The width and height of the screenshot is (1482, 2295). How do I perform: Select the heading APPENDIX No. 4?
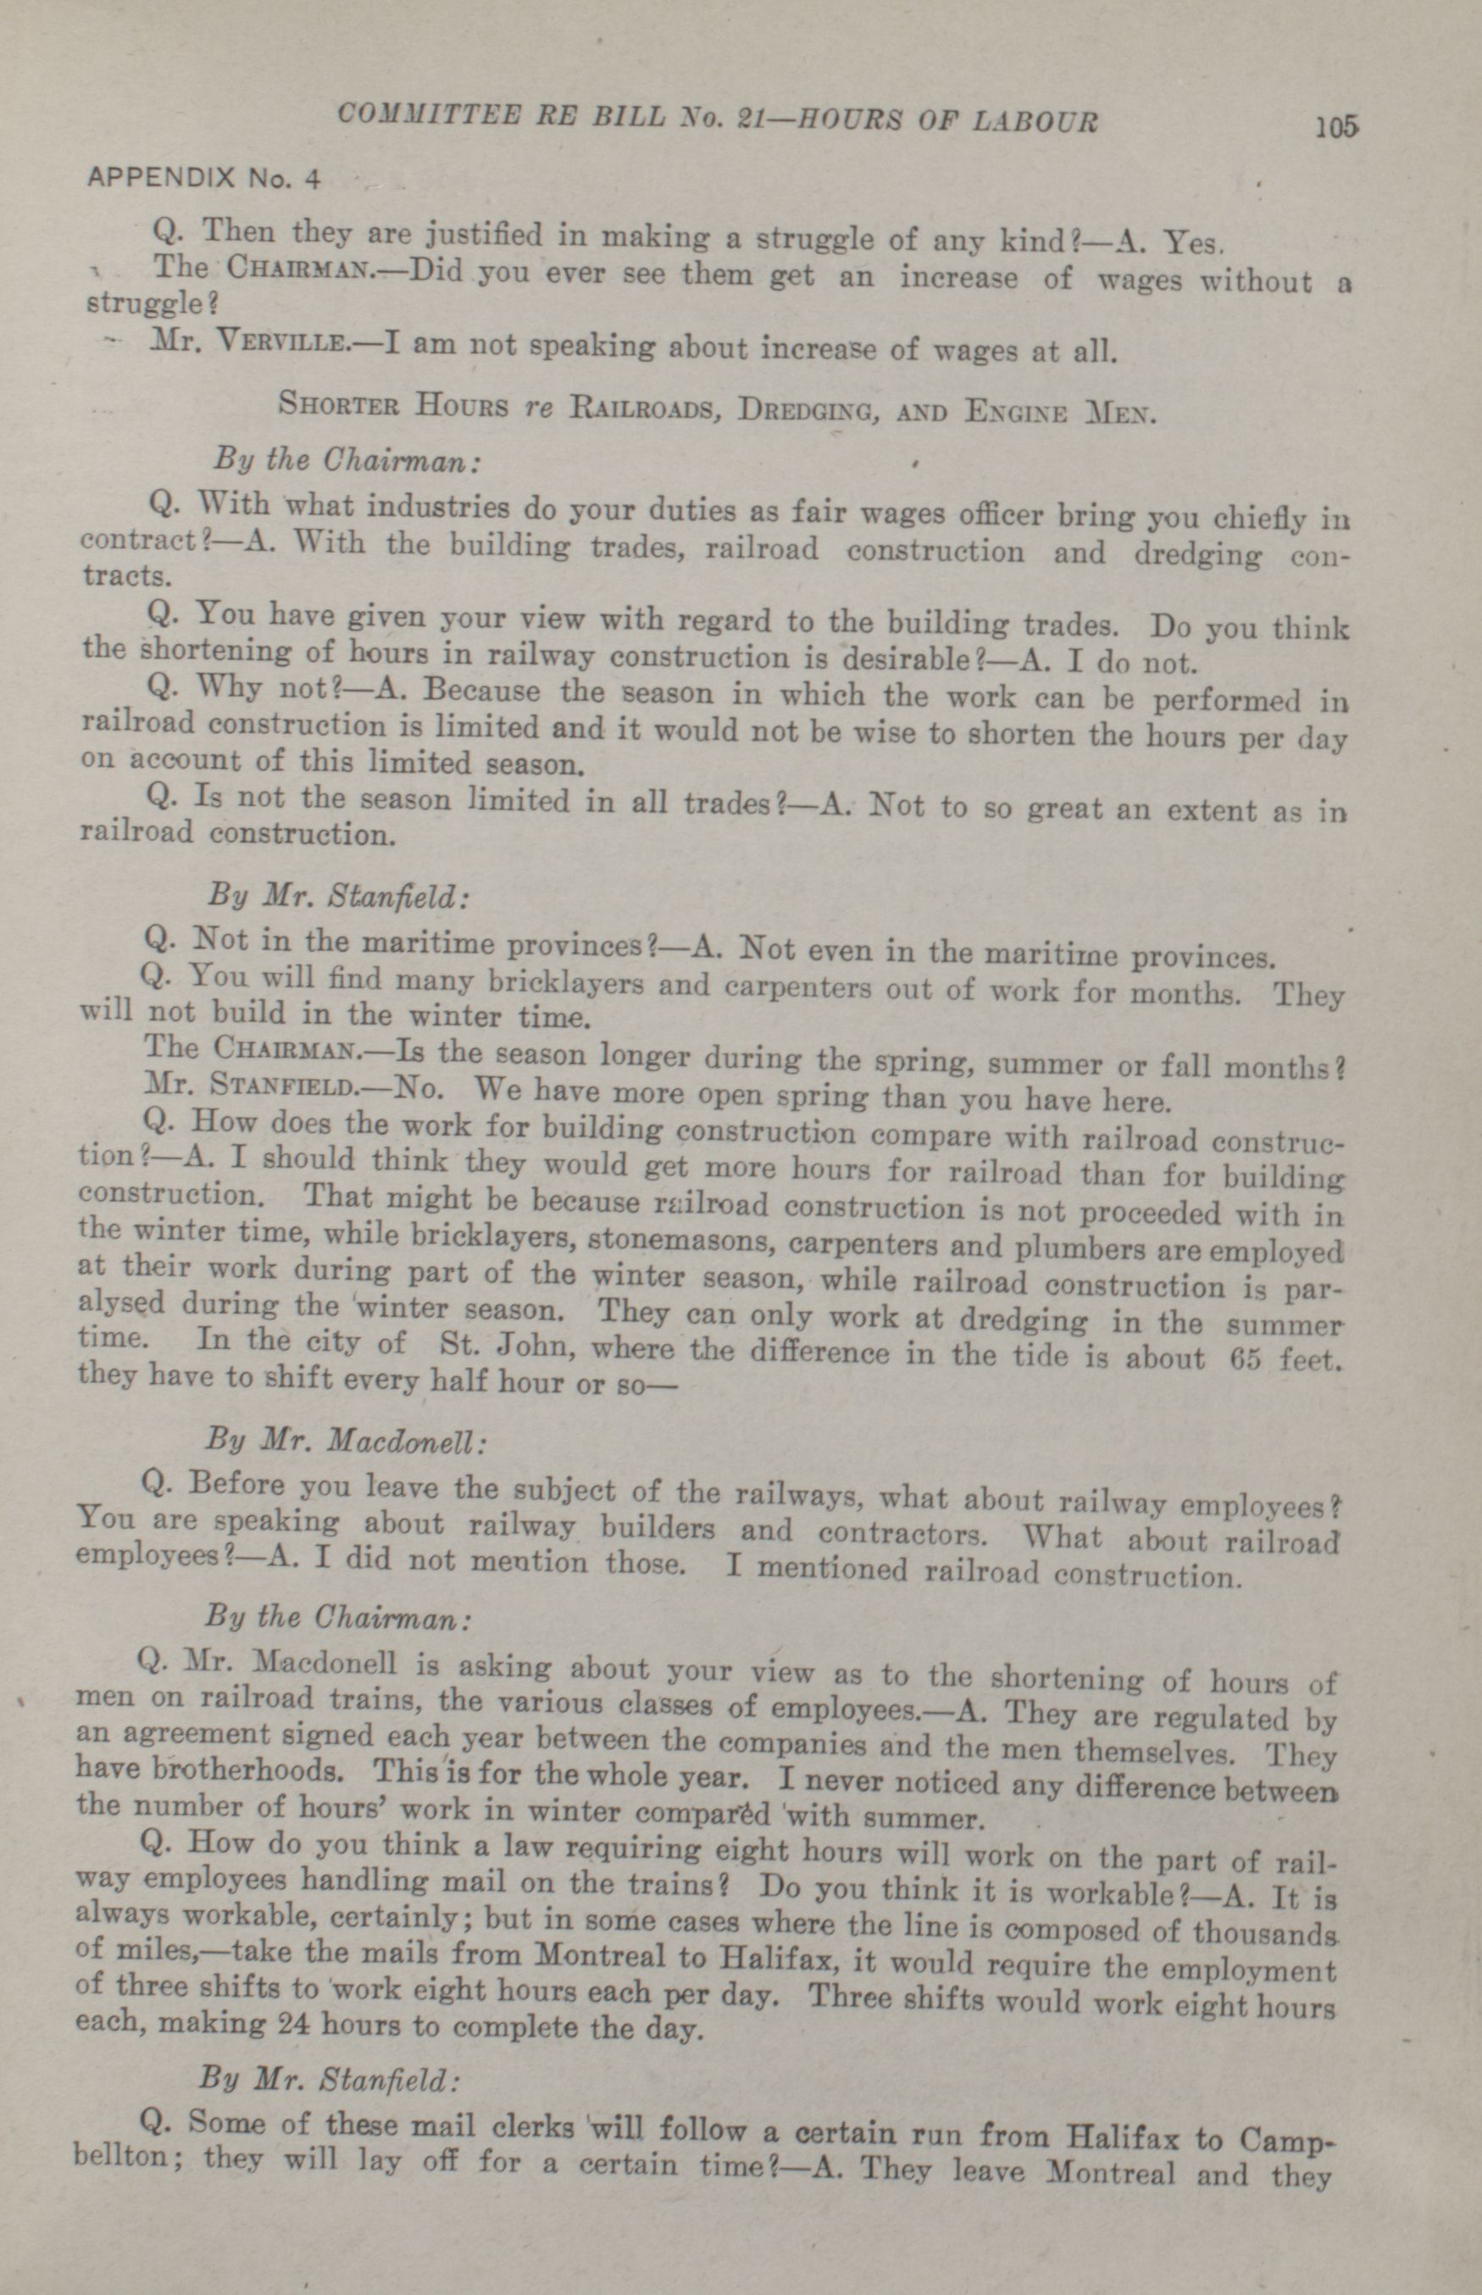[x=203, y=178]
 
